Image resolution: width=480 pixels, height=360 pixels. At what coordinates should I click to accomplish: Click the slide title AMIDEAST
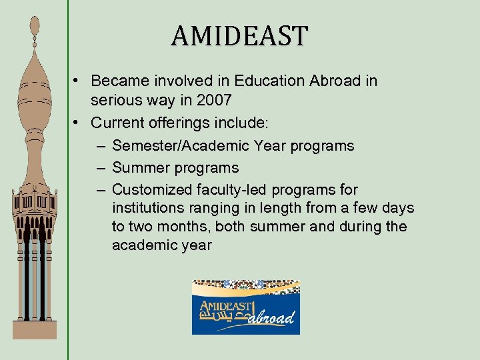(240, 35)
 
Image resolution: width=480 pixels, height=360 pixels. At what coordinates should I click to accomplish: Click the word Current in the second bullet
(116, 123)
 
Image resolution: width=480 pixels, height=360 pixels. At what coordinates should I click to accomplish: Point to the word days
(399, 208)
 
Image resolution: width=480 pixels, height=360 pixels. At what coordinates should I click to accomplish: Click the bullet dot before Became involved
(78, 81)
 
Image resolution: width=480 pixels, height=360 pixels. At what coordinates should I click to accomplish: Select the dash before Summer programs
(99, 168)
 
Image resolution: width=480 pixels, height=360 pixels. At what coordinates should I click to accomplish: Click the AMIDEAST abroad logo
(246, 307)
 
